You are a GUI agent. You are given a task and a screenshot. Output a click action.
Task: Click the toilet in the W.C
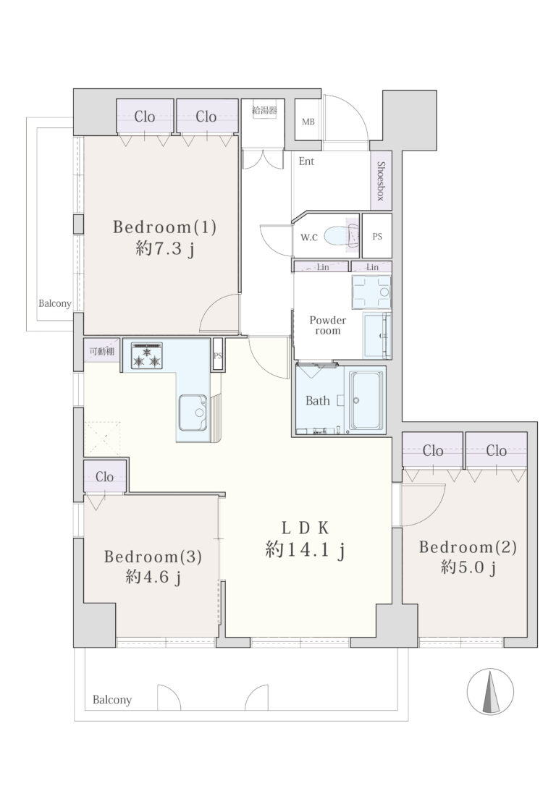[342, 235]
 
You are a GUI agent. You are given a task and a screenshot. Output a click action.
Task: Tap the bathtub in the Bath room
[366, 400]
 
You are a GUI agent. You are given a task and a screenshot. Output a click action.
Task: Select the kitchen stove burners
[147, 355]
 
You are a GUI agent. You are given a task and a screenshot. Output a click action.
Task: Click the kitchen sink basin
[193, 412]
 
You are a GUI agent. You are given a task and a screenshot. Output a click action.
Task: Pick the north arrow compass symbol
[490, 691]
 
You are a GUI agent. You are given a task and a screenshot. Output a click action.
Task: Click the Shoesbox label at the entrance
[381, 180]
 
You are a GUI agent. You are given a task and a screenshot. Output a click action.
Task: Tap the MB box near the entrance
[308, 121]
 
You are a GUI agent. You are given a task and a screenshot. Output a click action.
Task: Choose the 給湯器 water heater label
[264, 110]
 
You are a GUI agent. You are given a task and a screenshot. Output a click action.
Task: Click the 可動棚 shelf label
[102, 352]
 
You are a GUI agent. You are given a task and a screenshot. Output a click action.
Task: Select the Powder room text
[327, 325]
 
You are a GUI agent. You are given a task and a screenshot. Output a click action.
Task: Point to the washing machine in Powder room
[371, 292]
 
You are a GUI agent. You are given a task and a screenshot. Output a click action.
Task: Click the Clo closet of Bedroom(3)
[104, 476]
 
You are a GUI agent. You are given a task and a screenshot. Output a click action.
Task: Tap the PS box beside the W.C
[377, 236]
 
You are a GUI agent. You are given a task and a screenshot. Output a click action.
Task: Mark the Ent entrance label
[306, 161]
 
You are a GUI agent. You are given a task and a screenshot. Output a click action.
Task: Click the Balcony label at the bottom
[111, 700]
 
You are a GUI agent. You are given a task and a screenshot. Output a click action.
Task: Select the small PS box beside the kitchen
[218, 355]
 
